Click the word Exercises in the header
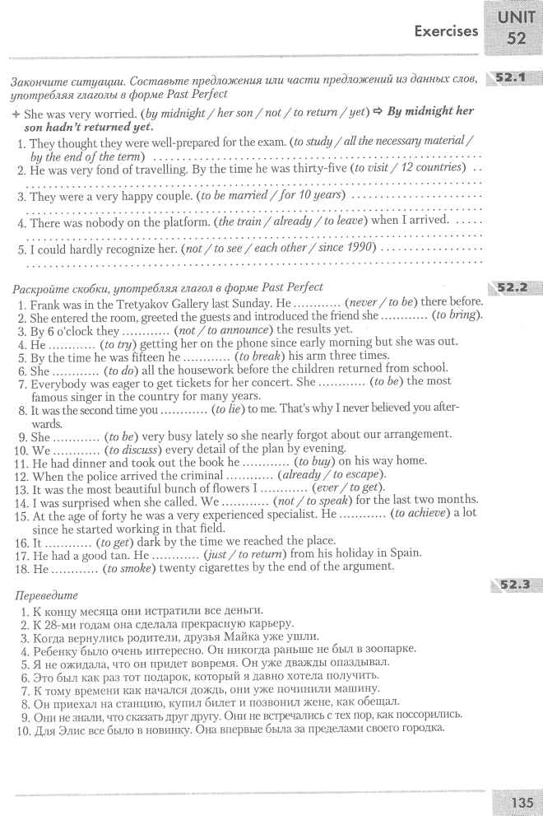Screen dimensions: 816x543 [446, 31]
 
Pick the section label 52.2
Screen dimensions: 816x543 [512, 288]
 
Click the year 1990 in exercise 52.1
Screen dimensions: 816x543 [356, 248]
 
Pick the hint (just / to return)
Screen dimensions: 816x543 [244, 553]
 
